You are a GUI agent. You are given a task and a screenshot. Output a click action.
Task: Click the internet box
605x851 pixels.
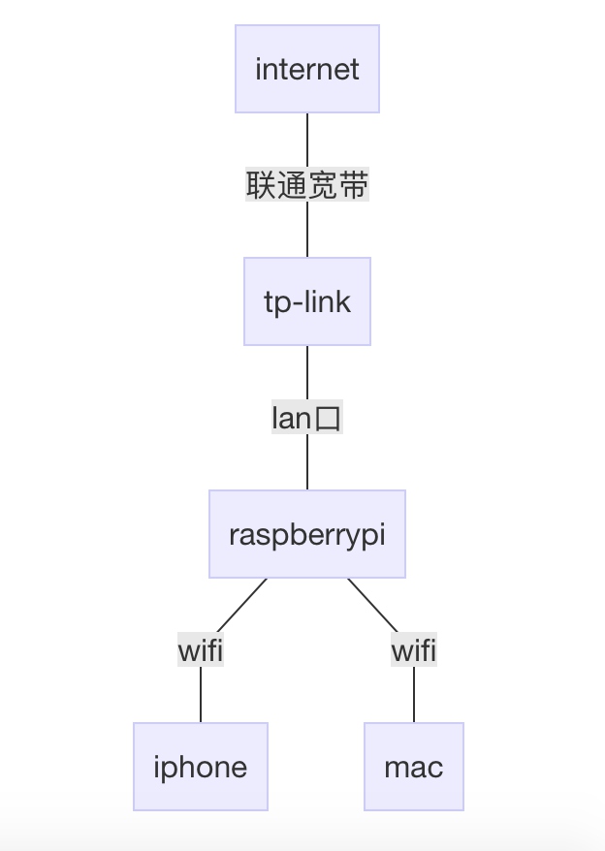(x=307, y=69)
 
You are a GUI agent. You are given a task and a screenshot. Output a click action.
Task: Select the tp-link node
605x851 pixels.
(x=307, y=301)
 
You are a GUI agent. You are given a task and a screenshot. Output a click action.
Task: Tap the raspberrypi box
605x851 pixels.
(x=307, y=534)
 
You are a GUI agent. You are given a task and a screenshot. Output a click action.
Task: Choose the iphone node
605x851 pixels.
(x=201, y=767)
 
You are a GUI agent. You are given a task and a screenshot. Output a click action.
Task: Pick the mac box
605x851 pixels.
(x=414, y=767)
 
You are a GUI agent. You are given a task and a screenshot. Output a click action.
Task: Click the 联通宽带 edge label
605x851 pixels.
(x=307, y=185)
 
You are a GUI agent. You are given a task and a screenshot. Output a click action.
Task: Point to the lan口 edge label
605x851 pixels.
(x=307, y=418)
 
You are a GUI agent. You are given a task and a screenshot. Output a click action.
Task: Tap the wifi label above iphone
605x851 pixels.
(x=201, y=650)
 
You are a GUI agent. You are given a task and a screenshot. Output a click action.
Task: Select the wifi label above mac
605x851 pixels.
(x=414, y=650)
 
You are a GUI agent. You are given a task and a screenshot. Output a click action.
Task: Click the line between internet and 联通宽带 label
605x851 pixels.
(x=307, y=140)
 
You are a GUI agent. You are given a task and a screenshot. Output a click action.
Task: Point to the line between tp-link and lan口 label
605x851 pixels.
(x=307, y=372)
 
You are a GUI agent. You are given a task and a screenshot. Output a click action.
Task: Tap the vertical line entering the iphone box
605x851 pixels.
(x=201, y=694)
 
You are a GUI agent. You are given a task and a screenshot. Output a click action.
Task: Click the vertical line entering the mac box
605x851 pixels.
(x=414, y=694)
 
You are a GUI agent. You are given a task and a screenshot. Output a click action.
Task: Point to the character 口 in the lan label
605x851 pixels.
(x=329, y=419)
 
